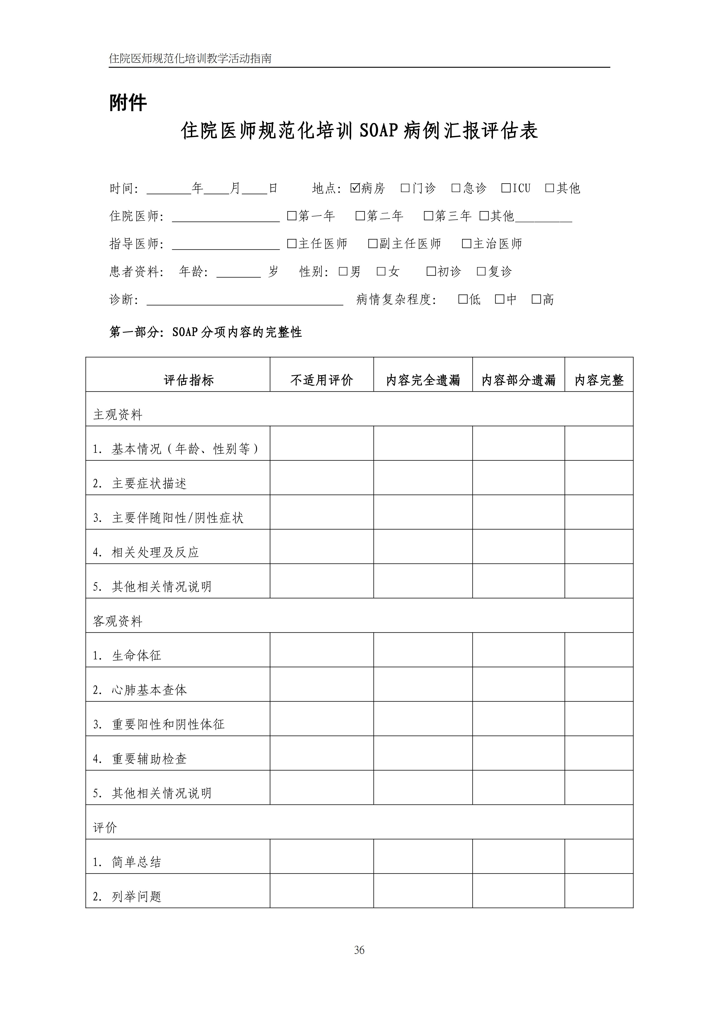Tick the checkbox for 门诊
(405, 188)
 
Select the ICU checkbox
(506, 188)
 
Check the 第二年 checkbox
(360, 216)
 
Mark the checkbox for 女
(381, 271)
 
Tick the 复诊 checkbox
(481, 271)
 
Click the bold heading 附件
(128, 103)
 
